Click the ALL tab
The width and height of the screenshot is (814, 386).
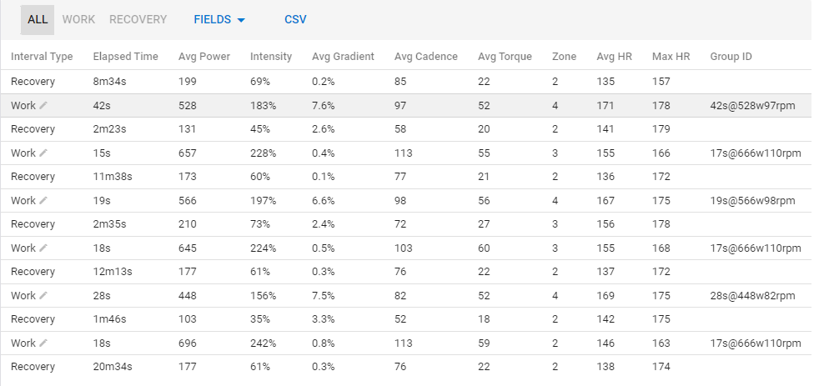point(38,19)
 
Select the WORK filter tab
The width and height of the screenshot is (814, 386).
point(78,19)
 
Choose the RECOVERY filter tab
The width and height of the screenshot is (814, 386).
point(138,19)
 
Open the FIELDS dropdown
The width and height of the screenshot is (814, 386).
point(219,19)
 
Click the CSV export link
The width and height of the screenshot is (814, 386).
point(295,19)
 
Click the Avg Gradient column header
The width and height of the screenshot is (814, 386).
point(343,57)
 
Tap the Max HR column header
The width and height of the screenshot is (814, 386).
point(671,57)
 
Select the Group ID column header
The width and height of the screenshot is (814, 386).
point(731,57)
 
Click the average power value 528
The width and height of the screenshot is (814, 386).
point(188,105)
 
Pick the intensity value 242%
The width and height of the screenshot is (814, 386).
point(264,343)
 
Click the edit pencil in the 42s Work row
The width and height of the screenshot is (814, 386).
point(43,105)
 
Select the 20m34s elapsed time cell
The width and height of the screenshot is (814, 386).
point(113,367)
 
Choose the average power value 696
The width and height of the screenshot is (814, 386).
point(188,343)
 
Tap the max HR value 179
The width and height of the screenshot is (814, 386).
point(661,129)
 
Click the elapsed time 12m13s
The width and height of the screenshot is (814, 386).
point(113,272)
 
